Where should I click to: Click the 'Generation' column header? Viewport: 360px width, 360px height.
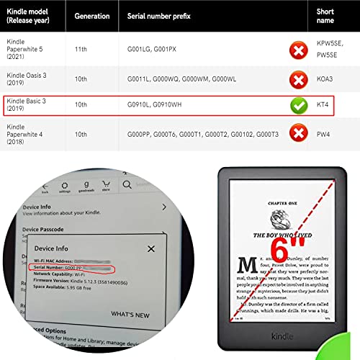click(92, 16)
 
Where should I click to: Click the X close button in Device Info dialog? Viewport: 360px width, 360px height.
click(151, 249)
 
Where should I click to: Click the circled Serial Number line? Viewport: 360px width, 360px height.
click(73, 268)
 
